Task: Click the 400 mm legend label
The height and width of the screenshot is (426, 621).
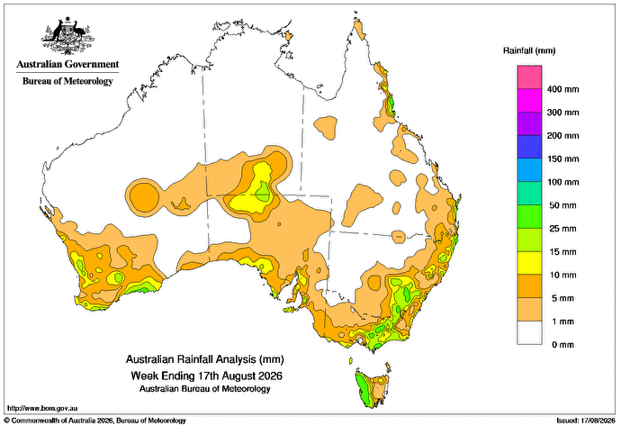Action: click(x=562, y=89)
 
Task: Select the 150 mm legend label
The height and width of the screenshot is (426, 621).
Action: click(x=562, y=159)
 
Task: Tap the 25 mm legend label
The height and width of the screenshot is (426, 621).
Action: click(x=562, y=229)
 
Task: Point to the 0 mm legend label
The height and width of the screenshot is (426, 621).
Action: click(x=562, y=345)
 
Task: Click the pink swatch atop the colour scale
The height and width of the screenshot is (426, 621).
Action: click(x=529, y=77)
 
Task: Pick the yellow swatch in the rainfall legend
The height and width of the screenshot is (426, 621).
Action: click(x=529, y=263)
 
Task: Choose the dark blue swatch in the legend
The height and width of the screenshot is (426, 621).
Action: click(x=529, y=147)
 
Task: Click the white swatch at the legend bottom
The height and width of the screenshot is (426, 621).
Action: click(x=529, y=333)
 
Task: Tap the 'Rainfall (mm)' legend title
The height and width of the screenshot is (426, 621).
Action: click(x=529, y=50)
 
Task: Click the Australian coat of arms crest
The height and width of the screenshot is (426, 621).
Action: click(x=67, y=36)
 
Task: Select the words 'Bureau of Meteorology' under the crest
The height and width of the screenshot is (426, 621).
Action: click(x=67, y=81)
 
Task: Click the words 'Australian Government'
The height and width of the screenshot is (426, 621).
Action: click(x=67, y=64)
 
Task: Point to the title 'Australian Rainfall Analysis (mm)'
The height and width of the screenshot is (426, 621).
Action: click(x=205, y=360)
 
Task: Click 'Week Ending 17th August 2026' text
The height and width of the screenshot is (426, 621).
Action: click(x=206, y=376)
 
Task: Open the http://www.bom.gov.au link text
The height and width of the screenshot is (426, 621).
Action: click(x=42, y=408)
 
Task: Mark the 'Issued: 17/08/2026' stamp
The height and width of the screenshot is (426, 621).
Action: click(x=586, y=421)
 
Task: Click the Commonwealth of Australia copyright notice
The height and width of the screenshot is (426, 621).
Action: click(x=95, y=421)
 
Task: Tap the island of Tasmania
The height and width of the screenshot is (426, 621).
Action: click(x=373, y=388)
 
